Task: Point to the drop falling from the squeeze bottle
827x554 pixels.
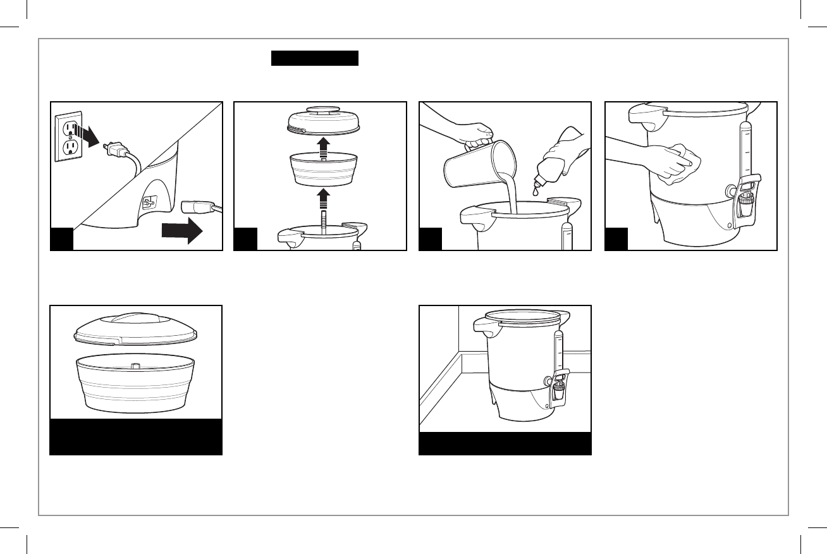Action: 535,191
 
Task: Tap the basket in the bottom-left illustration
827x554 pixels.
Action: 136,382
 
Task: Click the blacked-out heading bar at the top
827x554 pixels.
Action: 315,59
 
